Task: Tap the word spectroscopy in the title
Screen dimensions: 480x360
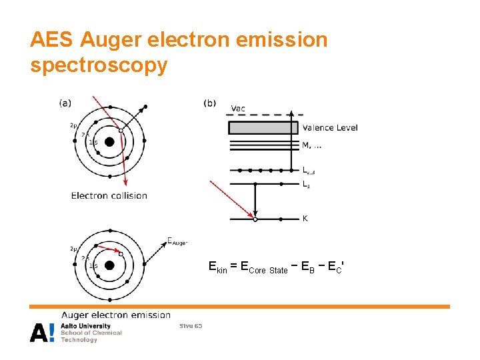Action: click(99, 66)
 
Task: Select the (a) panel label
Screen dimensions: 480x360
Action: click(65, 103)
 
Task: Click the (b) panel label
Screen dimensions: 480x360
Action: click(209, 103)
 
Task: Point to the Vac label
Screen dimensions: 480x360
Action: click(238, 108)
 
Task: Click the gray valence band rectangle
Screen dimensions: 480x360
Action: click(263, 127)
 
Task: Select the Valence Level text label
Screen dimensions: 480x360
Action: click(329, 128)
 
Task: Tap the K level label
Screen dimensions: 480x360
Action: click(305, 218)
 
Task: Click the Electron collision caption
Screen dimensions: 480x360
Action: click(109, 195)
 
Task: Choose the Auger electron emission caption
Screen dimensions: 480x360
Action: click(116, 315)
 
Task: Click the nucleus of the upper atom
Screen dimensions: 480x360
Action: click(110, 140)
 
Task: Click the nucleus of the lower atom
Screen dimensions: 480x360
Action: click(110, 265)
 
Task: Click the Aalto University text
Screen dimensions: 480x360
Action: click(85, 326)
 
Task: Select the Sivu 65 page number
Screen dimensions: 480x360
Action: click(191, 326)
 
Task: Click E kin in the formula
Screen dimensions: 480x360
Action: click(218, 268)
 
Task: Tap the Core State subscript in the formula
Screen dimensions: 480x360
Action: click(268, 271)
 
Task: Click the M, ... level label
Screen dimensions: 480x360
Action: click(313, 145)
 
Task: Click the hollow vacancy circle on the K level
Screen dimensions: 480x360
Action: click(255, 219)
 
